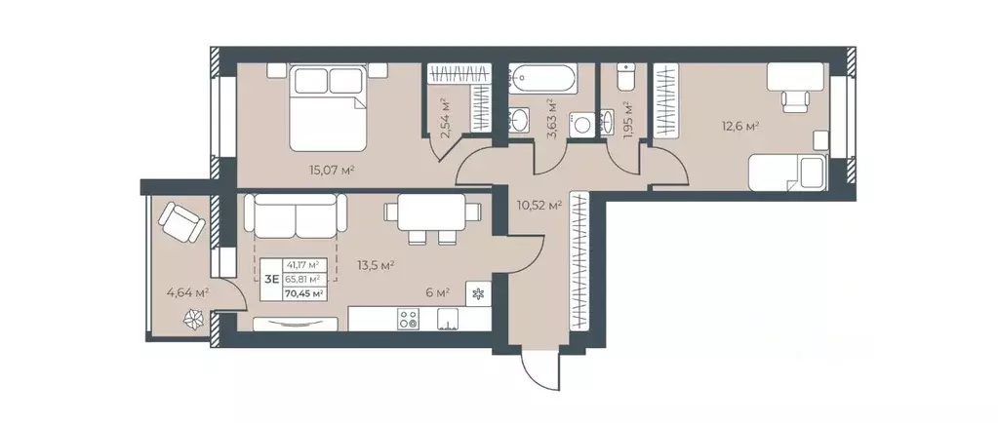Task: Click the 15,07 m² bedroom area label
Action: (331, 170)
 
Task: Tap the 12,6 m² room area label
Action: (739, 125)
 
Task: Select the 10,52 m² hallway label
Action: (539, 206)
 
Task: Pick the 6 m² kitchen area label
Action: (436, 291)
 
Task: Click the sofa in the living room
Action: (295, 215)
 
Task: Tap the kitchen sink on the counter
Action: (449, 318)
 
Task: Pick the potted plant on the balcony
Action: (196, 319)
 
